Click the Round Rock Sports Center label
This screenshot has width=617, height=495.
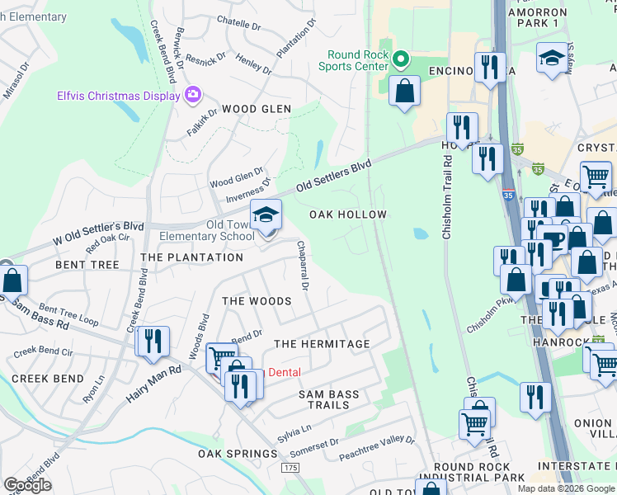click(x=356, y=61)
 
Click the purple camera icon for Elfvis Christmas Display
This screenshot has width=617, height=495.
click(x=192, y=96)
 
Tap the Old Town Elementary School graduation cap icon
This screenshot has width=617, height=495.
click(x=266, y=216)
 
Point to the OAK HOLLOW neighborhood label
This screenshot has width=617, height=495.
click(x=348, y=214)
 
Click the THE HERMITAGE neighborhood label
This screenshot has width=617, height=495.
click(x=322, y=343)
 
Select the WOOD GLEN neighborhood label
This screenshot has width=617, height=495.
click(x=256, y=109)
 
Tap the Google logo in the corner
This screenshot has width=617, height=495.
click(x=27, y=485)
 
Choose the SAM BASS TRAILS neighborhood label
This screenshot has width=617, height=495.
click(x=329, y=399)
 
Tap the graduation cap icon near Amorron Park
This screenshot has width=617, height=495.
click(x=553, y=59)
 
